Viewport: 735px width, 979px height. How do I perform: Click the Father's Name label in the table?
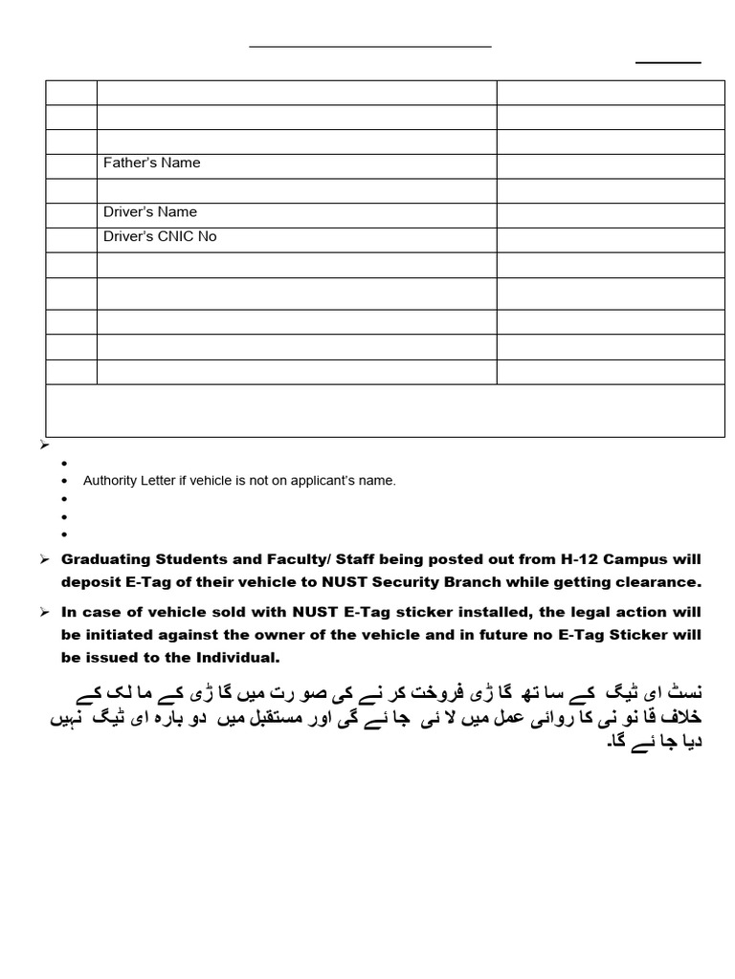coord(151,163)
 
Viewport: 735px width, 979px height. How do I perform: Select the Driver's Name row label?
coord(149,212)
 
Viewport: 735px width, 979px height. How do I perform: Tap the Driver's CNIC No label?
coord(160,236)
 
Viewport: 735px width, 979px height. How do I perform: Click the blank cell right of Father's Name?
coord(610,165)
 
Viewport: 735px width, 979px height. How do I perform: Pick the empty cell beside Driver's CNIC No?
coord(610,239)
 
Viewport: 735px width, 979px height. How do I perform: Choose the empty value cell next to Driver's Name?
coord(610,215)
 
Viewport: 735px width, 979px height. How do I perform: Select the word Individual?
coord(239,658)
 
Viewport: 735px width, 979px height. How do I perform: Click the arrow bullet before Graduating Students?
coord(44,559)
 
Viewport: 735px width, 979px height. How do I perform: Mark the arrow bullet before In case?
coord(44,612)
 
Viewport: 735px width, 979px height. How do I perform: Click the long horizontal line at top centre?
coord(370,46)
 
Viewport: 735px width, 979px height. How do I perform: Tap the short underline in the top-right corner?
coord(668,63)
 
